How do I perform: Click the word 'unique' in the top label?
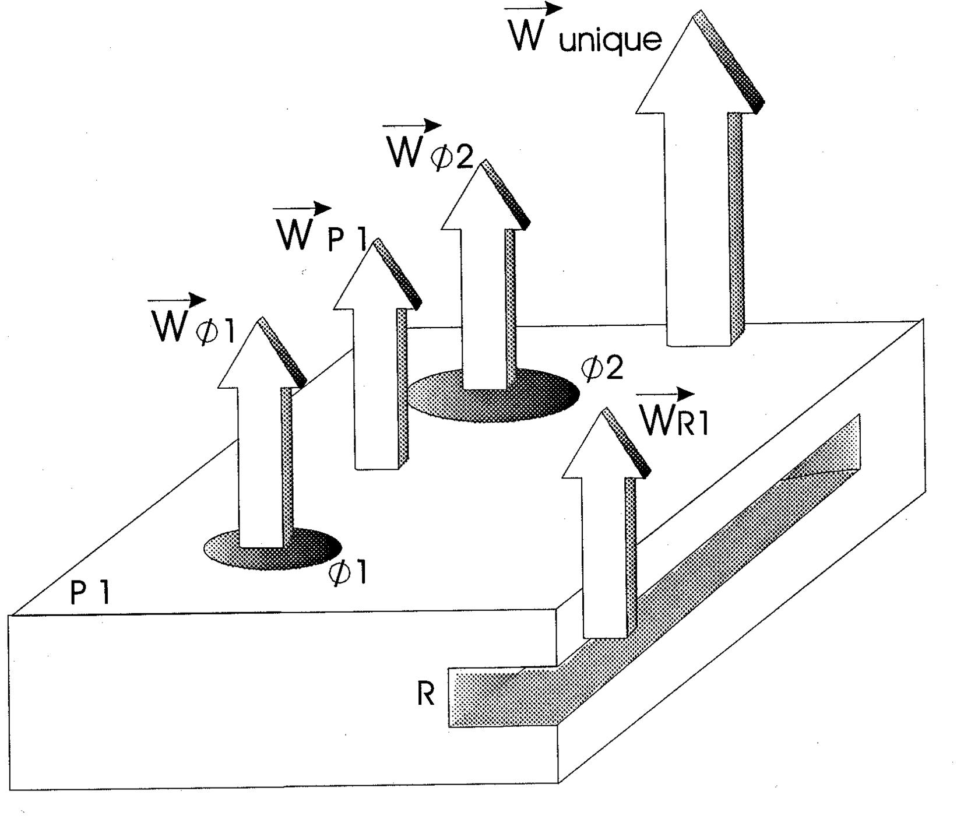pyautogui.click(x=610, y=40)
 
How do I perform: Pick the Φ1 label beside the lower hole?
pyautogui.click(x=347, y=574)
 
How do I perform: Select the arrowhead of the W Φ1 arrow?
pyautogui.click(x=259, y=358)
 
